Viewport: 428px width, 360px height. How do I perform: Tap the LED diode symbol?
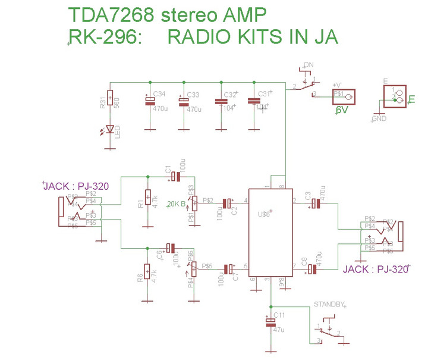[x=110, y=128]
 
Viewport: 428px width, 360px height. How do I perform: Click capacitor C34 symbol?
[x=150, y=102]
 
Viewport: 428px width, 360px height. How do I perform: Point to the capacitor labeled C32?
[x=220, y=102]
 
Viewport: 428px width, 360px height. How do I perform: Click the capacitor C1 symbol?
[x=174, y=177]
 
